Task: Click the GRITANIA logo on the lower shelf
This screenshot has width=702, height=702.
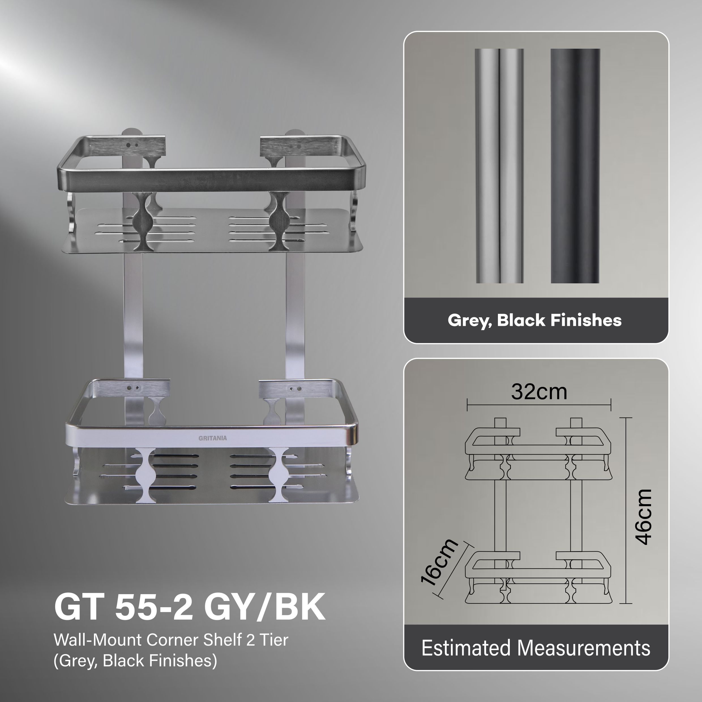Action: click(213, 438)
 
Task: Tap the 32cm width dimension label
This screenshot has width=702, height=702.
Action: click(539, 392)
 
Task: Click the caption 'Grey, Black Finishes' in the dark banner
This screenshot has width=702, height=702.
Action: click(534, 320)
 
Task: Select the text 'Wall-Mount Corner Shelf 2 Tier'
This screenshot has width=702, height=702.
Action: click(171, 640)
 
